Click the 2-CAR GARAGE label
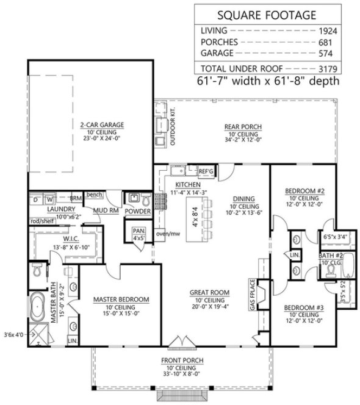pos(101,126)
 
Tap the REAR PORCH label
pos(244,127)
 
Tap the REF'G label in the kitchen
pos(206,173)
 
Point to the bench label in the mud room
pos(93,195)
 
